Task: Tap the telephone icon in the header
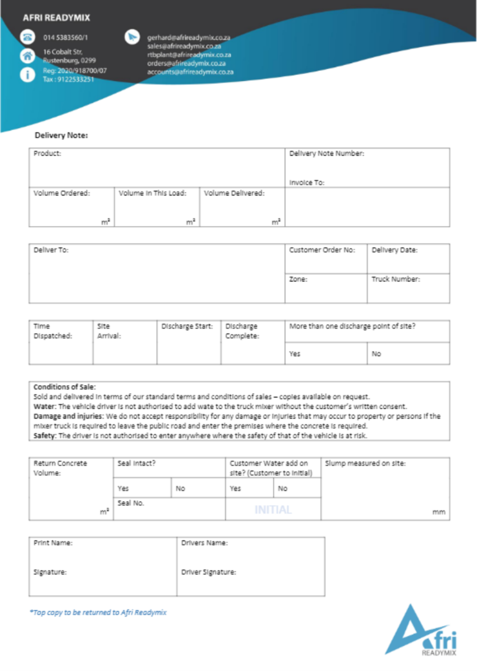(27, 37)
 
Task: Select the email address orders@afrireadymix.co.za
(186, 63)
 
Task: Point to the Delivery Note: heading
(61, 135)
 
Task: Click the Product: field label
(47, 154)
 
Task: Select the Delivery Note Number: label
(327, 154)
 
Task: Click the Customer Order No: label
(322, 250)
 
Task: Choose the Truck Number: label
(395, 279)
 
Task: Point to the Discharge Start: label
(187, 326)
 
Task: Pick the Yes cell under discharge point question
(295, 354)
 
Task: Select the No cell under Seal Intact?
(180, 489)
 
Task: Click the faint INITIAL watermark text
(273, 509)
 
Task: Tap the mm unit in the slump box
(439, 513)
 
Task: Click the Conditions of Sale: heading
(64, 387)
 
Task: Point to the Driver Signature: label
(208, 572)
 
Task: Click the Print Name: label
(53, 543)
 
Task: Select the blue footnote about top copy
(98, 612)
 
